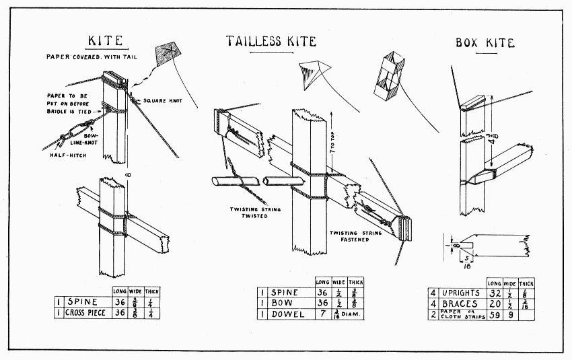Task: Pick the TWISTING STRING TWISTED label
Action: coord(254,213)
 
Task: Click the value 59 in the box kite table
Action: coord(494,314)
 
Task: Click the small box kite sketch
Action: coord(388,73)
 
